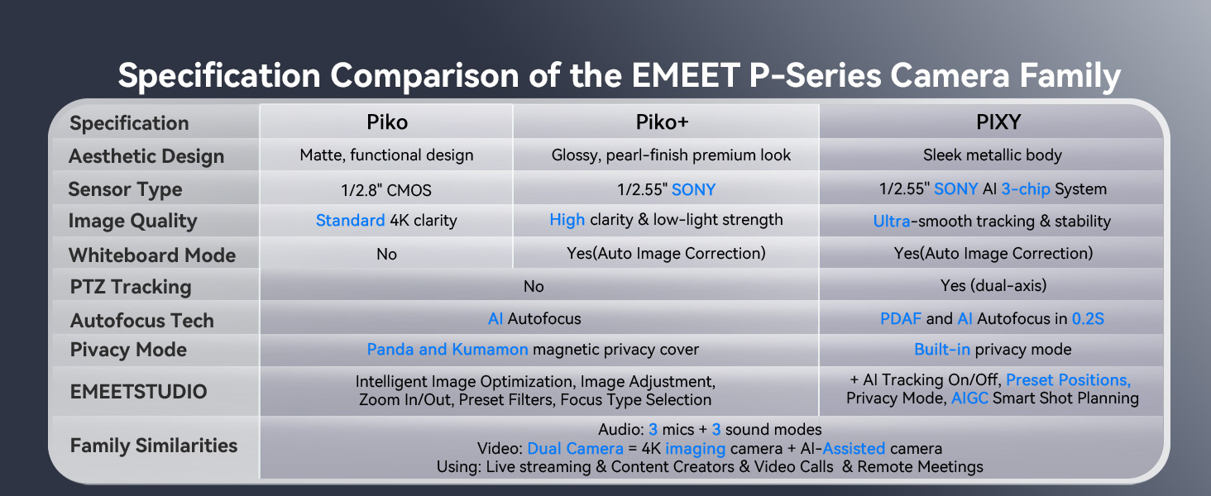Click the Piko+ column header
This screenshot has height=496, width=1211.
point(662,122)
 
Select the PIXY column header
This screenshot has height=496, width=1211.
point(998,122)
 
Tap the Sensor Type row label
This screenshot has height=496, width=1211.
point(125,189)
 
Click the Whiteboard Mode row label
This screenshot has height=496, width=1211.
point(151,255)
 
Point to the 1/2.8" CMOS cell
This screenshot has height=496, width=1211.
point(386,190)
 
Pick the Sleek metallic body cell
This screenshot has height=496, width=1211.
point(993,155)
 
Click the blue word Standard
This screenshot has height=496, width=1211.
point(350,221)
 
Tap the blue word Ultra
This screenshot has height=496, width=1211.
point(893,221)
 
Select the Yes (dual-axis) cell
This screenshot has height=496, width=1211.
point(993,286)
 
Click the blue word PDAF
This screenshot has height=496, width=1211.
point(900,319)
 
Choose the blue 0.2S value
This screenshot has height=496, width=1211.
point(1088,319)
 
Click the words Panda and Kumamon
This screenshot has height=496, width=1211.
point(447,350)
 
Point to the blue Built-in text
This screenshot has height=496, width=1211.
point(942,350)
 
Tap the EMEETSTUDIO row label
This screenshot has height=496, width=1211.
point(139,391)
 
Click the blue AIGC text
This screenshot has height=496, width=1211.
point(969,398)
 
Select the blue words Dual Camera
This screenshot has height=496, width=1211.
point(575,449)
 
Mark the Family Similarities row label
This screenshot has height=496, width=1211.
point(154,446)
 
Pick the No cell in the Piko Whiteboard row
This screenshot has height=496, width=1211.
point(386,254)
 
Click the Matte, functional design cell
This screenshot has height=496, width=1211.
point(386,155)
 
